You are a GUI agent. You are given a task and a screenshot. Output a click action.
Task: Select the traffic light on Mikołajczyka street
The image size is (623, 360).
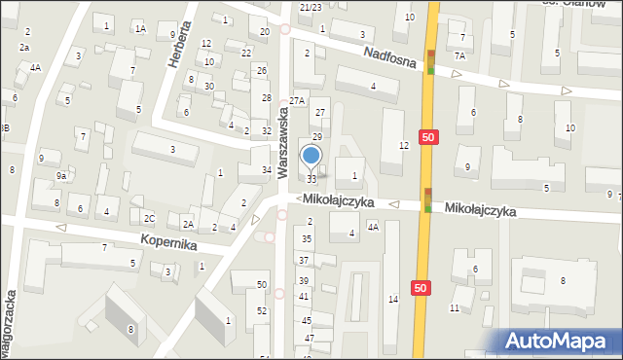click(x=428, y=200)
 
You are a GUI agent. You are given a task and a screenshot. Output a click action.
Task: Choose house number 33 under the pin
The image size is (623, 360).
click(x=311, y=179)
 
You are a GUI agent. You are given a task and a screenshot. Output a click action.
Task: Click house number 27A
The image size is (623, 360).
click(x=298, y=100)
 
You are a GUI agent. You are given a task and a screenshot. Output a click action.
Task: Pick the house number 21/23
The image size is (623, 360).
click(x=311, y=7)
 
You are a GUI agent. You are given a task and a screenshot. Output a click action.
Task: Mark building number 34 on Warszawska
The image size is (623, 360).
click(x=266, y=170)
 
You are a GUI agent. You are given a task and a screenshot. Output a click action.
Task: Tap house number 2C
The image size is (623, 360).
click(x=149, y=217)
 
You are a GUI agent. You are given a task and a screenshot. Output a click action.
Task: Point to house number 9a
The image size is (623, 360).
click(x=60, y=175)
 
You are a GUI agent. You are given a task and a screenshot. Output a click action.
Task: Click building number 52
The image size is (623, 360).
click(x=262, y=310)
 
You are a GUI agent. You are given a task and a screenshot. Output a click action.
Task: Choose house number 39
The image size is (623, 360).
click(x=304, y=280)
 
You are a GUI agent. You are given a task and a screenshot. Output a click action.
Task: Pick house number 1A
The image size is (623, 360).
click(x=140, y=29)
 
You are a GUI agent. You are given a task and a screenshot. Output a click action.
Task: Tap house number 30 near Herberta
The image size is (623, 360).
click(x=209, y=87)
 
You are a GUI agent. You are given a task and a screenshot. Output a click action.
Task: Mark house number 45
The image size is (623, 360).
click(x=306, y=320)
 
